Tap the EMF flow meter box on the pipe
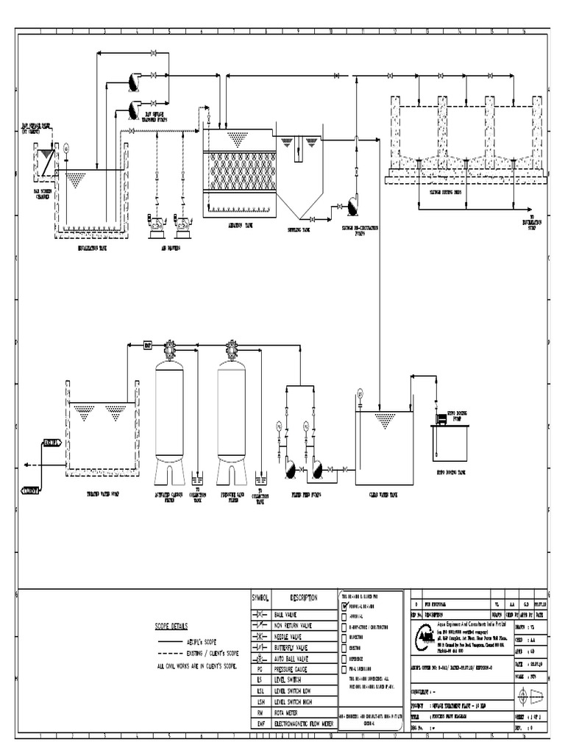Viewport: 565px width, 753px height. coord(147,344)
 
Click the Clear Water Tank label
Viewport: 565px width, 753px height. coord(383,495)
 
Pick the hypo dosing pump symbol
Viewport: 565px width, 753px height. coord(441,418)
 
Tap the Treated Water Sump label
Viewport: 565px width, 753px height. coord(102,495)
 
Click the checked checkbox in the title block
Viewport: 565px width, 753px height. coord(343,605)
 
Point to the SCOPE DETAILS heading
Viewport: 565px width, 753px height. coord(171,627)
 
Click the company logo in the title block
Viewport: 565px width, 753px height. coord(426,634)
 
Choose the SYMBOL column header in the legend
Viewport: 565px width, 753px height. coord(262,597)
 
